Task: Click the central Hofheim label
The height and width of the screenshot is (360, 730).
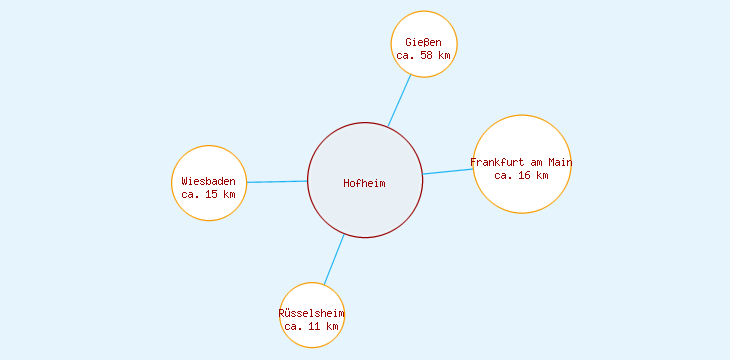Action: pyautogui.click(x=364, y=183)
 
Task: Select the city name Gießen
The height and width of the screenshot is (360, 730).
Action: pyautogui.click(x=423, y=42)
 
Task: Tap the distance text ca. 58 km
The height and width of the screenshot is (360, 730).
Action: pyautogui.click(x=423, y=56)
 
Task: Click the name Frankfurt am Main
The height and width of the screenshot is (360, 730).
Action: pyautogui.click(x=521, y=162)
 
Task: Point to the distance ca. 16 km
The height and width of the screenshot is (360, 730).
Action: pyautogui.click(x=521, y=175)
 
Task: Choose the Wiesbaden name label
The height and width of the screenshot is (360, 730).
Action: pyautogui.click(x=208, y=181)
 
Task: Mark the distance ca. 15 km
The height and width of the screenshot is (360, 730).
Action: pyautogui.click(x=208, y=194)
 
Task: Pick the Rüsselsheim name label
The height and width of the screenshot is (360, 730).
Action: pyautogui.click(x=311, y=313)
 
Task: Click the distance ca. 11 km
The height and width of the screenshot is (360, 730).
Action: pyautogui.click(x=311, y=326)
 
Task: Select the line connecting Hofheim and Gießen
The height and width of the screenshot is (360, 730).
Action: pyautogui.click(x=399, y=101)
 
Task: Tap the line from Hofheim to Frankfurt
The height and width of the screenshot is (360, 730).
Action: pyautogui.click(x=447, y=171)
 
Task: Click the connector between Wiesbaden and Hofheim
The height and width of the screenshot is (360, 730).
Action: pyautogui.click(x=277, y=182)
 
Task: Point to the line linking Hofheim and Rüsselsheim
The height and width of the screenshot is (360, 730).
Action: pyautogui.click(x=334, y=259)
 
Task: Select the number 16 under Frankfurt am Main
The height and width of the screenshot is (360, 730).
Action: pyautogui.click(x=525, y=175)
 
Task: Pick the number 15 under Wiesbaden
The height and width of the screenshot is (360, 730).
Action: pyautogui.click(x=212, y=194)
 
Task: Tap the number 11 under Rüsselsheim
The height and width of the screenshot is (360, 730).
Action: pyautogui.click(x=315, y=326)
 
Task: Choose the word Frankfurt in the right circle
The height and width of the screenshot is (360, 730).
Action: pyautogui.click(x=496, y=162)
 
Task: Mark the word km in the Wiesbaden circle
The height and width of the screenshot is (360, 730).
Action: pyautogui.click(x=229, y=194)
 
